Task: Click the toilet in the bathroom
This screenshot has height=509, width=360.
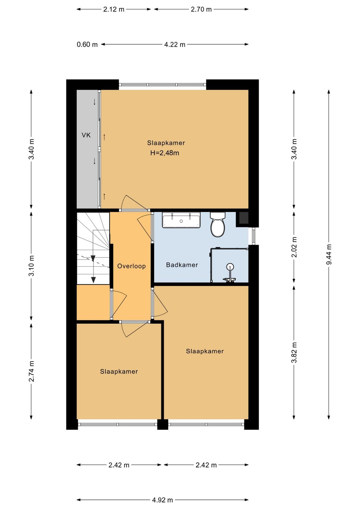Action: [218, 224]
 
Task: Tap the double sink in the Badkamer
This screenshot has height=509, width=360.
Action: [181, 220]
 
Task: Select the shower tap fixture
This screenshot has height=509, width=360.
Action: [230, 274]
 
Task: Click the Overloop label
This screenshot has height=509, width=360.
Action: [131, 266]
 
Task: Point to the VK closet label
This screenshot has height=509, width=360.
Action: [86, 135]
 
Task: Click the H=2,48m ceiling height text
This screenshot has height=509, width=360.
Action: [165, 153]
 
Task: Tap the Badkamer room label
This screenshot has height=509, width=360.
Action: [182, 265]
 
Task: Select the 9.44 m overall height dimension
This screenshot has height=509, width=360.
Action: [329, 254]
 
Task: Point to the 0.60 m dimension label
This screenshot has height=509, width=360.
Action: [87, 44]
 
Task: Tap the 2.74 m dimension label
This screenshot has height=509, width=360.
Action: [31, 371]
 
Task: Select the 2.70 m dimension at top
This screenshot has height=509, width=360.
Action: [201, 9]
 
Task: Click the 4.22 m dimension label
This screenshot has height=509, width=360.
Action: [175, 44]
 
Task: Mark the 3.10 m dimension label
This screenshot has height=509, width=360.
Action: [31, 266]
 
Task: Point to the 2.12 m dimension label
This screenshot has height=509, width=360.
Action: [114, 9]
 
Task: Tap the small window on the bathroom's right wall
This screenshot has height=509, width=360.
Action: [253, 236]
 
